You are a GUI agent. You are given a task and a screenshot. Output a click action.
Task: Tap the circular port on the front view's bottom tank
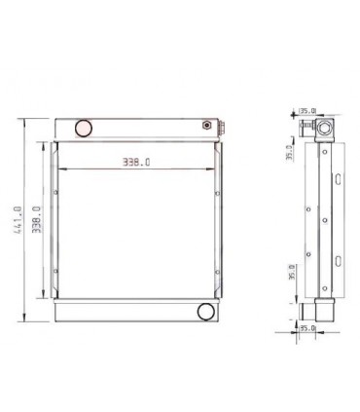click(206, 312)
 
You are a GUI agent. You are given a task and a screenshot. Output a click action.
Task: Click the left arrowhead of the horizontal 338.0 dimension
click(62, 171)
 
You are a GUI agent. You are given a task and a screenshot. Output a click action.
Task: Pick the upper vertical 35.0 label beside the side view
click(288, 154)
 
